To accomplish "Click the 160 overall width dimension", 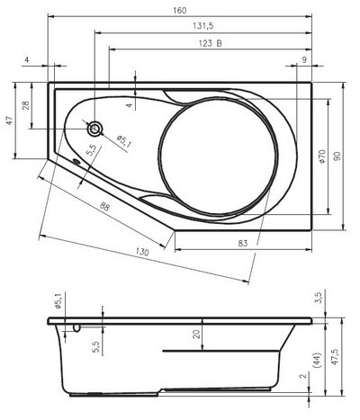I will pos(180,10).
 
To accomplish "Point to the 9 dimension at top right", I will pos(303,59).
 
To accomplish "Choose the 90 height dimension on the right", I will pos(337,156).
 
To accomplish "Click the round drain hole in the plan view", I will pos(94,128).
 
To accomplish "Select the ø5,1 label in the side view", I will pos(59,301).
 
